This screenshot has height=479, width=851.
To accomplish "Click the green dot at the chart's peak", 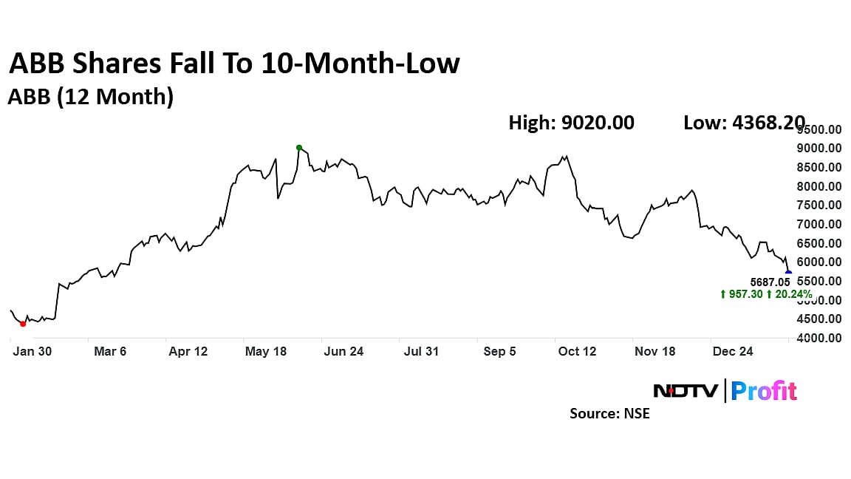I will coord(299,148).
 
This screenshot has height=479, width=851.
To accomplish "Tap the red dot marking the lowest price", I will coord(23,324).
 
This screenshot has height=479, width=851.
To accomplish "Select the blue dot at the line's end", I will coord(788,274).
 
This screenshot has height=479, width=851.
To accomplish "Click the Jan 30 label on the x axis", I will coord(33,352).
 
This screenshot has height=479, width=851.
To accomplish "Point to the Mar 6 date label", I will coord(110,352).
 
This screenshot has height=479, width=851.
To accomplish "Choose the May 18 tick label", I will coord(266,352).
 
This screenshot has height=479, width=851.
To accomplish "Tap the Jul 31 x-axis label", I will coord(422,352).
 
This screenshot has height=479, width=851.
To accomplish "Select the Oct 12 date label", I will coord(578,352).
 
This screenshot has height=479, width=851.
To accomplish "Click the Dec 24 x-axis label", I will coord(734,352).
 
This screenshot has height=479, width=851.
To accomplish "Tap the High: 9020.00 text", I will coord(571,123).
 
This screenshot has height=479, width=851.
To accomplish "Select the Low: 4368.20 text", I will coord(744,123).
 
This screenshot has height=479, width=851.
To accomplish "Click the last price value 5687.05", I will coord(770,282).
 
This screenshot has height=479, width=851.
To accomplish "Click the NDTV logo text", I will coord(686,390).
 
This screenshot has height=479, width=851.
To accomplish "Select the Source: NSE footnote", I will coord(609,414).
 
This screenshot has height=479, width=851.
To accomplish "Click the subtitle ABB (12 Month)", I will coord(90,97).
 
